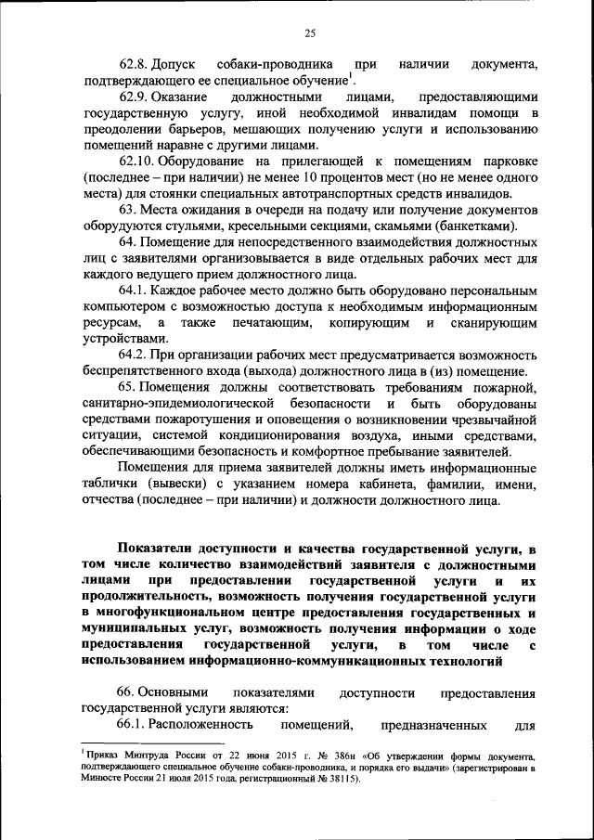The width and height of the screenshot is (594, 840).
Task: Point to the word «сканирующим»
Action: click(495, 322)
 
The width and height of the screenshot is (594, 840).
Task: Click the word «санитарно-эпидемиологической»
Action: click(176, 404)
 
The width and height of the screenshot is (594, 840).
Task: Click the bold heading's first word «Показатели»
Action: click(161, 549)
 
